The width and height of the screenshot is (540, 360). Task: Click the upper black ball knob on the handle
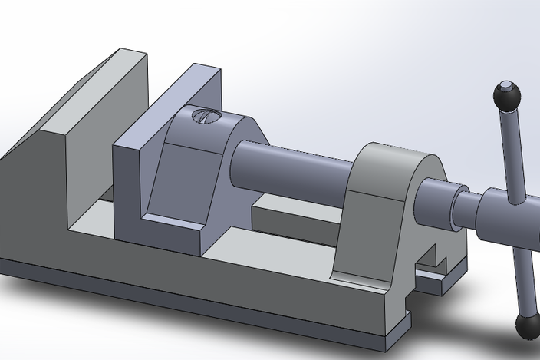point(506,95)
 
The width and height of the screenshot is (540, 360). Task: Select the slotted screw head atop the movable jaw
point(205,117)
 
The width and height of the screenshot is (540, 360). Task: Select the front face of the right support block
point(376,230)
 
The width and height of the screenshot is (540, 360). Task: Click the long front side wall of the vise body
point(192,276)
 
